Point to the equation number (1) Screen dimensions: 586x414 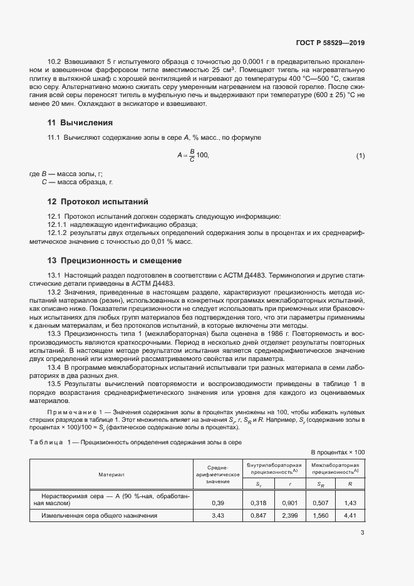click(360, 155)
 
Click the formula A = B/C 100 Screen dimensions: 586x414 click(192, 155)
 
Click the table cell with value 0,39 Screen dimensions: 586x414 click(218, 503)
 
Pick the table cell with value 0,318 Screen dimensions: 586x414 click(259, 503)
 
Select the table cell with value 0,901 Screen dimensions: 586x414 click(288, 503)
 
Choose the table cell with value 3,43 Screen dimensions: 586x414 click(218, 516)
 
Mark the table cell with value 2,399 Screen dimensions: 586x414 click(288, 516)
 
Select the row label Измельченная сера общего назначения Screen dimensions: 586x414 click(98, 516)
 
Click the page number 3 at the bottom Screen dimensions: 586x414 click(363, 533)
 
